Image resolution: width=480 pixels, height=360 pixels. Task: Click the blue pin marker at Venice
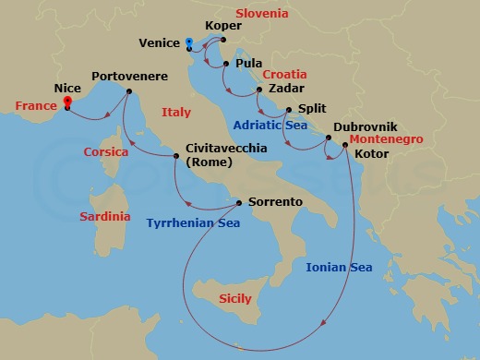188,42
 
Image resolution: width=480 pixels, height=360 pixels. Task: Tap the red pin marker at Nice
67,102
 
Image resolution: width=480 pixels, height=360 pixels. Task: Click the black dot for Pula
226,63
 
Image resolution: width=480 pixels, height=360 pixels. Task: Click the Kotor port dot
344,143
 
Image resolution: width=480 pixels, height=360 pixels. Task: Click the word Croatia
284,74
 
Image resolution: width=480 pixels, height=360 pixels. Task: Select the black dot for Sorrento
239,202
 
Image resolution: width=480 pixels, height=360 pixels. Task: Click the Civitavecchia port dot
177,155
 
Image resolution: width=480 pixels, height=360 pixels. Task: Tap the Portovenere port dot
128,90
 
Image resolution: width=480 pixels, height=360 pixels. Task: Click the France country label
36,106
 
